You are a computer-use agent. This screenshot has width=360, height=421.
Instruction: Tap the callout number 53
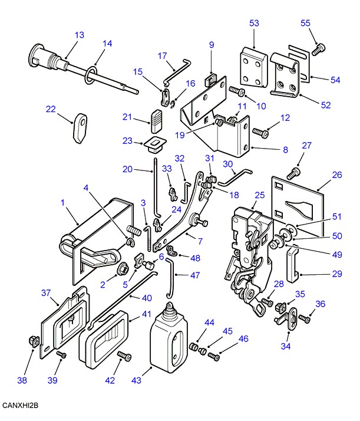pos(254,24)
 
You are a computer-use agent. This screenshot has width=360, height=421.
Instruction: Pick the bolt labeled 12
pos(260,132)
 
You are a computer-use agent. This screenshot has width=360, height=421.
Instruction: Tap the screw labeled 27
pos(293,172)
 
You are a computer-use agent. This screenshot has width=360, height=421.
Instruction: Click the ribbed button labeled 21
pos(156,119)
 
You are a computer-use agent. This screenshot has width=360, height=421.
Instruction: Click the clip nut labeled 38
pos(33,340)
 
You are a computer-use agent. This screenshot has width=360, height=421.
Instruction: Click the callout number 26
pos(336,175)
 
